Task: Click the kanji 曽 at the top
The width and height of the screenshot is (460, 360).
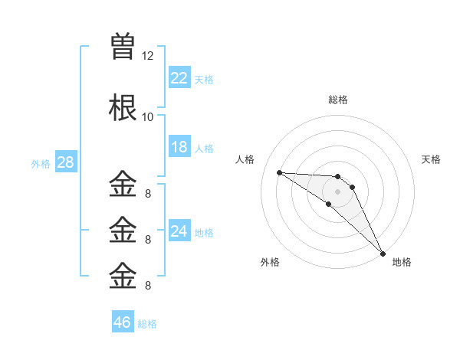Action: [x=123, y=46]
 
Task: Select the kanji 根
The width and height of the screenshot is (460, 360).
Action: [x=123, y=107]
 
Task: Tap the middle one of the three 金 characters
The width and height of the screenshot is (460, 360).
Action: [x=123, y=230]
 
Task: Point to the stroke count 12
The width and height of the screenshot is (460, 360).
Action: [x=147, y=56]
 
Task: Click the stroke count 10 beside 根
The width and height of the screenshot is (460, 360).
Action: [x=147, y=117]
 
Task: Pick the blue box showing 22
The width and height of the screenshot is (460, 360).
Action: [x=179, y=77]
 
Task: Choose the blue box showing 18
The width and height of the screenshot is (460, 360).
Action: [x=179, y=146]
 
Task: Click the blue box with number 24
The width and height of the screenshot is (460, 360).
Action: [x=179, y=230]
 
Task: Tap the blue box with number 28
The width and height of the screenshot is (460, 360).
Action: [x=66, y=162]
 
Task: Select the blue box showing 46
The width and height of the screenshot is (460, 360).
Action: [x=123, y=321]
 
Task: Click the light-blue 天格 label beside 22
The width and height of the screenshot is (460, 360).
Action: [x=204, y=80]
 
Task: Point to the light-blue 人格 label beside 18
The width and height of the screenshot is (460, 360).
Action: [x=204, y=149]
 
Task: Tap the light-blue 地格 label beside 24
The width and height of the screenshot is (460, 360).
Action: [x=204, y=233]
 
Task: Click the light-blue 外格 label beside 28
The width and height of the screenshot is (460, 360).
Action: [x=41, y=164]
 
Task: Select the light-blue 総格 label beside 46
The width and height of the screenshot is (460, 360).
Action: [x=147, y=324]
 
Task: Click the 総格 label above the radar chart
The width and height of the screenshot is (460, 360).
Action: [x=338, y=100]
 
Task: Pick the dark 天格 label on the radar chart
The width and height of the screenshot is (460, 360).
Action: [x=431, y=159]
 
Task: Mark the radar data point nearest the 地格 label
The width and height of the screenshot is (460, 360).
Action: [x=383, y=254]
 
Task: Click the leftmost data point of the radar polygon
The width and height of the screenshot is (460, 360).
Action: [x=280, y=172]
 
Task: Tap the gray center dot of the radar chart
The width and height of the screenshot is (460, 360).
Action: [x=337, y=191]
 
